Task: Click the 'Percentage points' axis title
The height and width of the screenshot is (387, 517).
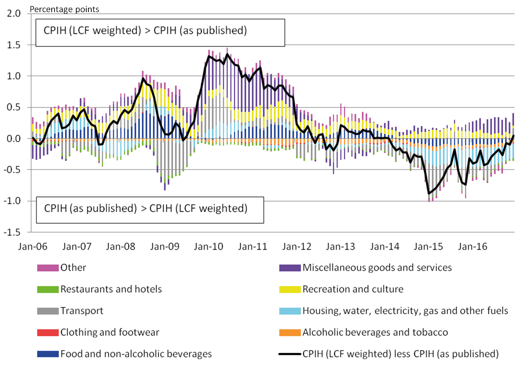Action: click(x=64, y=9)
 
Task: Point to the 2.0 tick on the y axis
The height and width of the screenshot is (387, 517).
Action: click(x=14, y=14)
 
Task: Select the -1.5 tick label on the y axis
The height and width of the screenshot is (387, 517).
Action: click(x=12, y=232)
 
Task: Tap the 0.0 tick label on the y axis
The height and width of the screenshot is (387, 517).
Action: click(x=14, y=139)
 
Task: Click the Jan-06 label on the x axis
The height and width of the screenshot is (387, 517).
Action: click(x=32, y=247)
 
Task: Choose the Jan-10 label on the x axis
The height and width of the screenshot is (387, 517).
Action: click(x=208, y=247)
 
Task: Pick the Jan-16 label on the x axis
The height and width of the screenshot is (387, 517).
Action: click(x=472, y=247)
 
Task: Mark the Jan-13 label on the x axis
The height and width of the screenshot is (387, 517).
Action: click(x=340, y=247)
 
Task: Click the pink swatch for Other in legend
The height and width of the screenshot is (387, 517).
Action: click(x=48, y=268)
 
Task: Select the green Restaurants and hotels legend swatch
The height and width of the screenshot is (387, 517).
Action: click(x=48, y=289)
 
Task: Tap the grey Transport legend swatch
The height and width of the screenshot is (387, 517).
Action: click(x=48, y=311)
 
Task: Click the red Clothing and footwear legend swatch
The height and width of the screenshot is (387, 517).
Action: click(x=48, y=332)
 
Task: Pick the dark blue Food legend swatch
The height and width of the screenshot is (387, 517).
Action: click(x=48, y=354)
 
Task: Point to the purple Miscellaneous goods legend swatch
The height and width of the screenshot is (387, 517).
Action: click(x=290, y=268)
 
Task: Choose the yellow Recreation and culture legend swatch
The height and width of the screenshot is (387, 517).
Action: click(x=290, y=289)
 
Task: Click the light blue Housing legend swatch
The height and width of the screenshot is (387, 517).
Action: click(x=290, y=311)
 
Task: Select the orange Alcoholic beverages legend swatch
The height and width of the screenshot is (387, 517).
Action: click(x=290, y=332)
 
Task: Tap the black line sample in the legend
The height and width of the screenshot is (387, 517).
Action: click(x=290, y=354)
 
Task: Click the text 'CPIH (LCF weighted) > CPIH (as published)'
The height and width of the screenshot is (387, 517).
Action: click(x=145, y=31)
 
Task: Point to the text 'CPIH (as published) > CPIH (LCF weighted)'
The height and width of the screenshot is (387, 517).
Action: click(x=145, y=208)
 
